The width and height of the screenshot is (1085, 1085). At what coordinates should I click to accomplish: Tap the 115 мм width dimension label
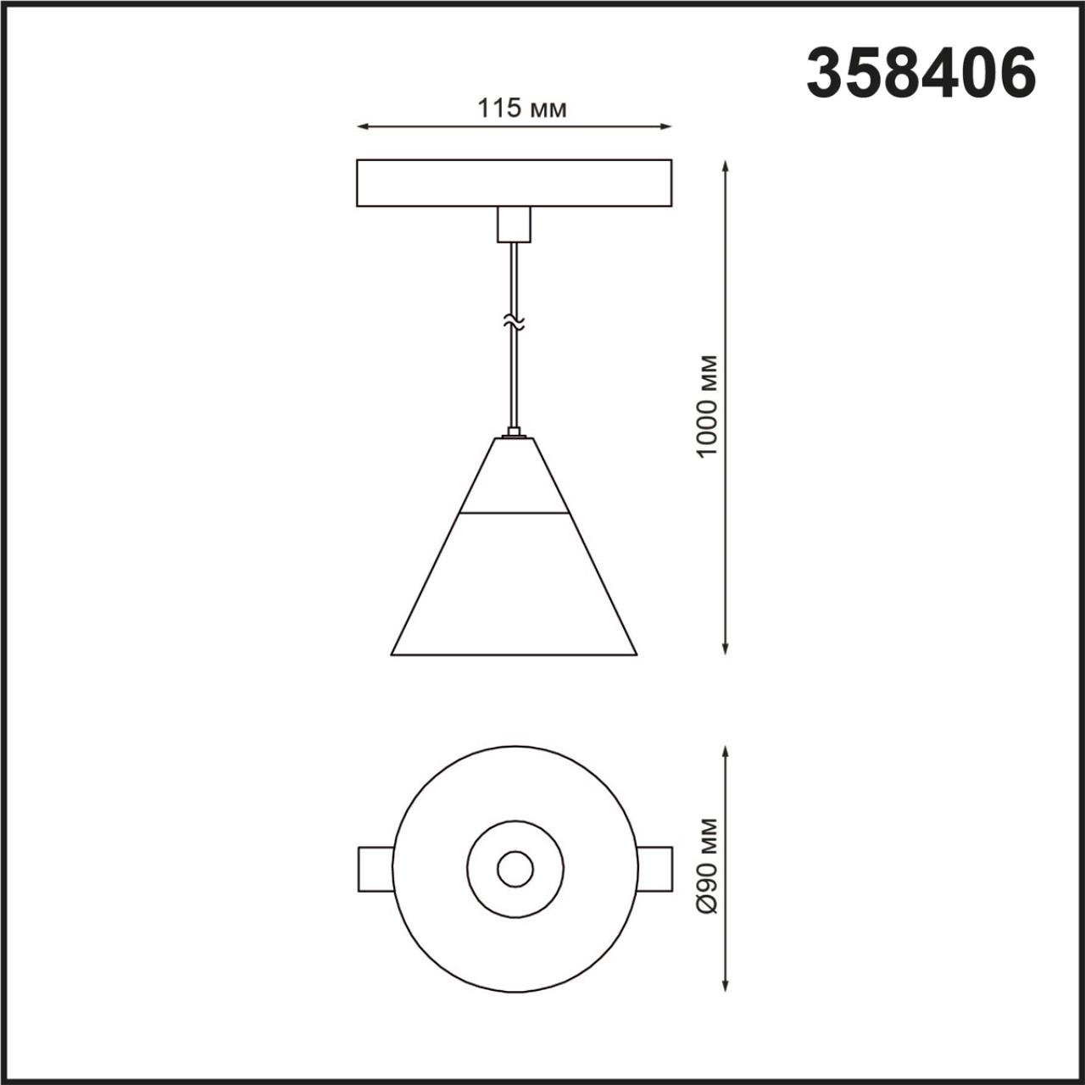[521, 108]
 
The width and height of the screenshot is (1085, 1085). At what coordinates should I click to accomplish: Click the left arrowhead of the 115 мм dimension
[361, 127]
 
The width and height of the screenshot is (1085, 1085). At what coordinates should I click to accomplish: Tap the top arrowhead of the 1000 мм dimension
[725, 165]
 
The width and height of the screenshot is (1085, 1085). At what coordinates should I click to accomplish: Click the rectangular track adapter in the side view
[514, 183]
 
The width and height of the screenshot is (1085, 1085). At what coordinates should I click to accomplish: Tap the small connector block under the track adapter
[513, 224]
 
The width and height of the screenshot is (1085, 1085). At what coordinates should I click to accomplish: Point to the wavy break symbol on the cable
[512, 322]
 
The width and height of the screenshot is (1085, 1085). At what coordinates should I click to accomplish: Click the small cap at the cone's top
[513, 436]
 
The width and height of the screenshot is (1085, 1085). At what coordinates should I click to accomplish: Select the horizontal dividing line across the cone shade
[514, 513]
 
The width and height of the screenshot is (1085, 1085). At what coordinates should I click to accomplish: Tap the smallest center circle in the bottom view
[515, 869]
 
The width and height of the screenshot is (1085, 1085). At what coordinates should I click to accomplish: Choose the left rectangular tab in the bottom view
[376, 869]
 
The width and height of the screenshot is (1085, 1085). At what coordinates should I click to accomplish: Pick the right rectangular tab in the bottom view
[654, 869]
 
